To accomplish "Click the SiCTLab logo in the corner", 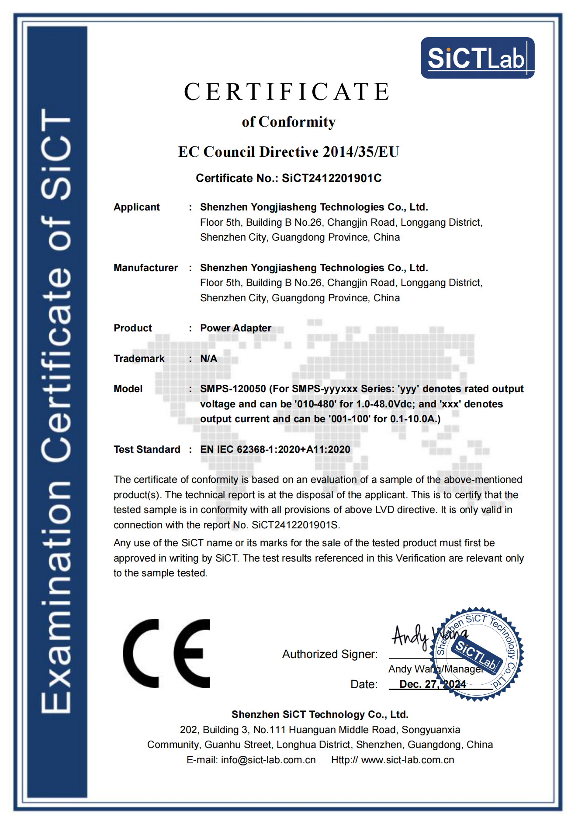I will [477, 58].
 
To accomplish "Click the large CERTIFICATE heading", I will [287, 92].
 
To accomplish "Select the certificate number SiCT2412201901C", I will [332, 178].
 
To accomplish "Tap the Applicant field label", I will [137, 207].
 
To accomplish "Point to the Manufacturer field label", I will [145, 268].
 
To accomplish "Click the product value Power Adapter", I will [235, 328].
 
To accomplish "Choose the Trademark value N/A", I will [208, 359].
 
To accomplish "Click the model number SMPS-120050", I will [233, 389].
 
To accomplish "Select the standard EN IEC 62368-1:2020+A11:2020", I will [275, 449].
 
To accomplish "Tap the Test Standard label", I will [147, 449].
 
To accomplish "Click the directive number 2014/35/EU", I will [361, 152].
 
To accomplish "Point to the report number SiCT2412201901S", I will [295, 525].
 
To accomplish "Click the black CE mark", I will [166, 654].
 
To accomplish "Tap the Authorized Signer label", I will [330, 654].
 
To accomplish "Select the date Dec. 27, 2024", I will [433, 684].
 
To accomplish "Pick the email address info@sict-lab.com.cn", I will [268, 760].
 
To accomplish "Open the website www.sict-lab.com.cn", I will [408, 760].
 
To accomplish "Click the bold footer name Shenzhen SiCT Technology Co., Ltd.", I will [320, 714].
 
